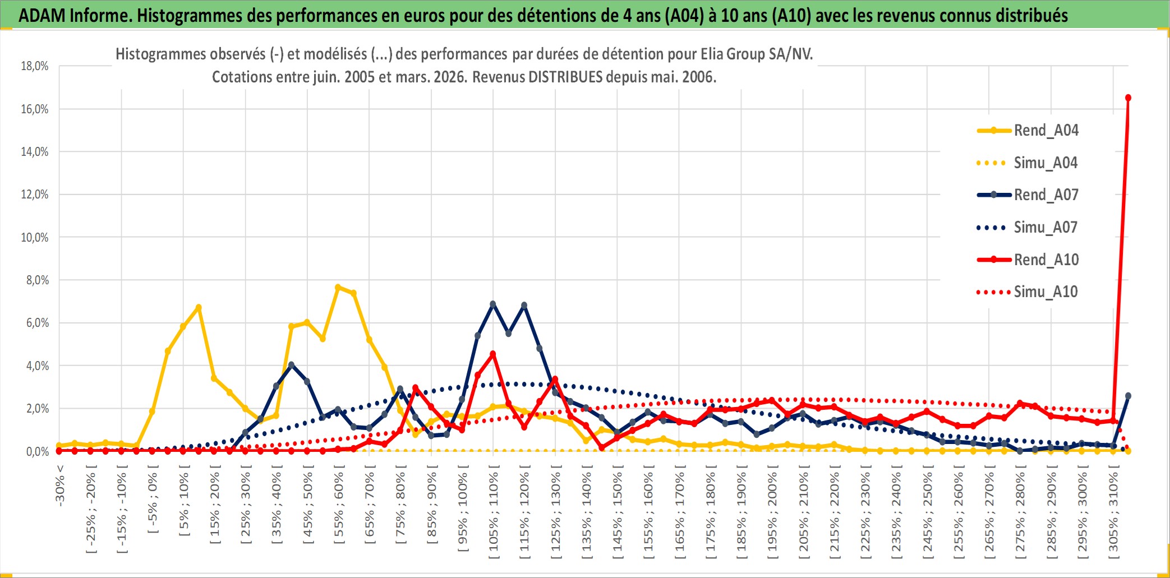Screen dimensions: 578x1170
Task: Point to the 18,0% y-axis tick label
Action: point(35,66)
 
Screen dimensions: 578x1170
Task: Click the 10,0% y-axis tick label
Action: point(35,238)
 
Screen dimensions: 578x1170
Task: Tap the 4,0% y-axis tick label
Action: point(37,366)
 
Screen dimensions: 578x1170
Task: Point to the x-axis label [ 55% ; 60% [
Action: point(339,508)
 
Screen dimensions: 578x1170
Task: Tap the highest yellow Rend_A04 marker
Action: point(338,288)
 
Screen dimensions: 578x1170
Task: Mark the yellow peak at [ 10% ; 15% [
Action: point(199,307)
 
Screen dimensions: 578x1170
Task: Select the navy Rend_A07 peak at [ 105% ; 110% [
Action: point(493,304)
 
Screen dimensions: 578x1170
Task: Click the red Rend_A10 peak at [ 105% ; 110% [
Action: point(493,354)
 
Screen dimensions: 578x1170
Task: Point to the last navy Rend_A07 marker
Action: point(1128,396)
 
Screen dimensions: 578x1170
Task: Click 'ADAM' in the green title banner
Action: point(42,15)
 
